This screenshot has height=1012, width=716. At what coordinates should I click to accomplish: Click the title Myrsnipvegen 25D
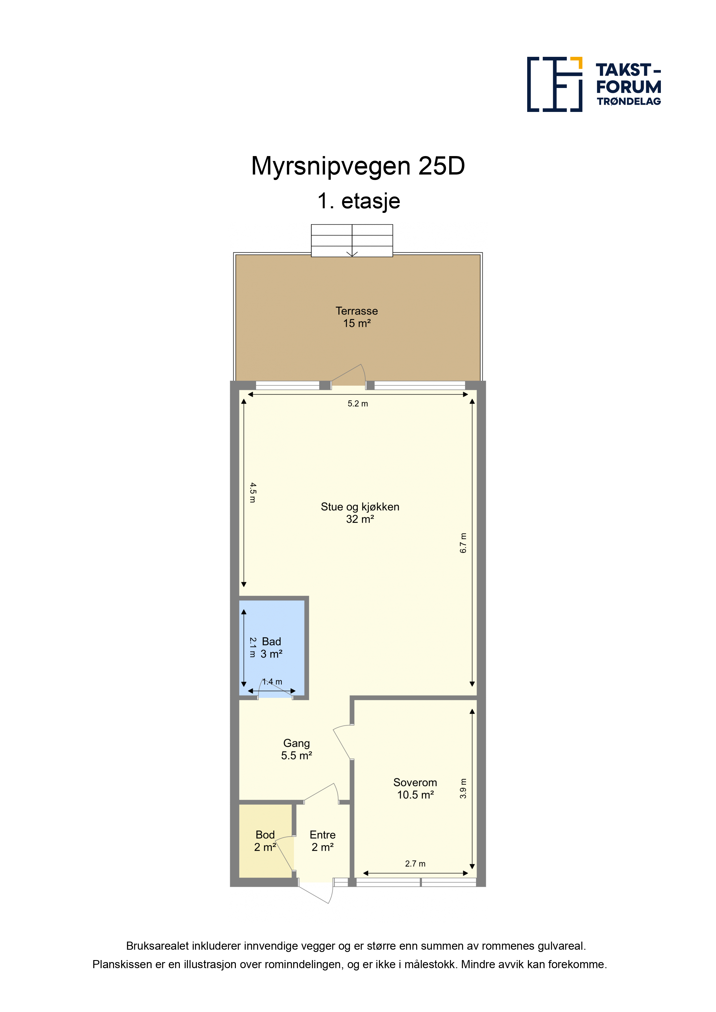pos(358,166)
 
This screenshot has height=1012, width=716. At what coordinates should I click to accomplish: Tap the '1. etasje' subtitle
pos(359,201)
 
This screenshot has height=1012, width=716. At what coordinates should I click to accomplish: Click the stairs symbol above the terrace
pos(352,240)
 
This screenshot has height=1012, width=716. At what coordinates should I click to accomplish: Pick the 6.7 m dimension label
pos(463,543)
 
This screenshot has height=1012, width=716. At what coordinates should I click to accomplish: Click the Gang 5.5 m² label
pos(297,749)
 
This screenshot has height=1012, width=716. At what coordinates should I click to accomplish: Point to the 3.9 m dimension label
pos(463,788)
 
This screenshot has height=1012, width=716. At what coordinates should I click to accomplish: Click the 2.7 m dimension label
pos(415,863)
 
